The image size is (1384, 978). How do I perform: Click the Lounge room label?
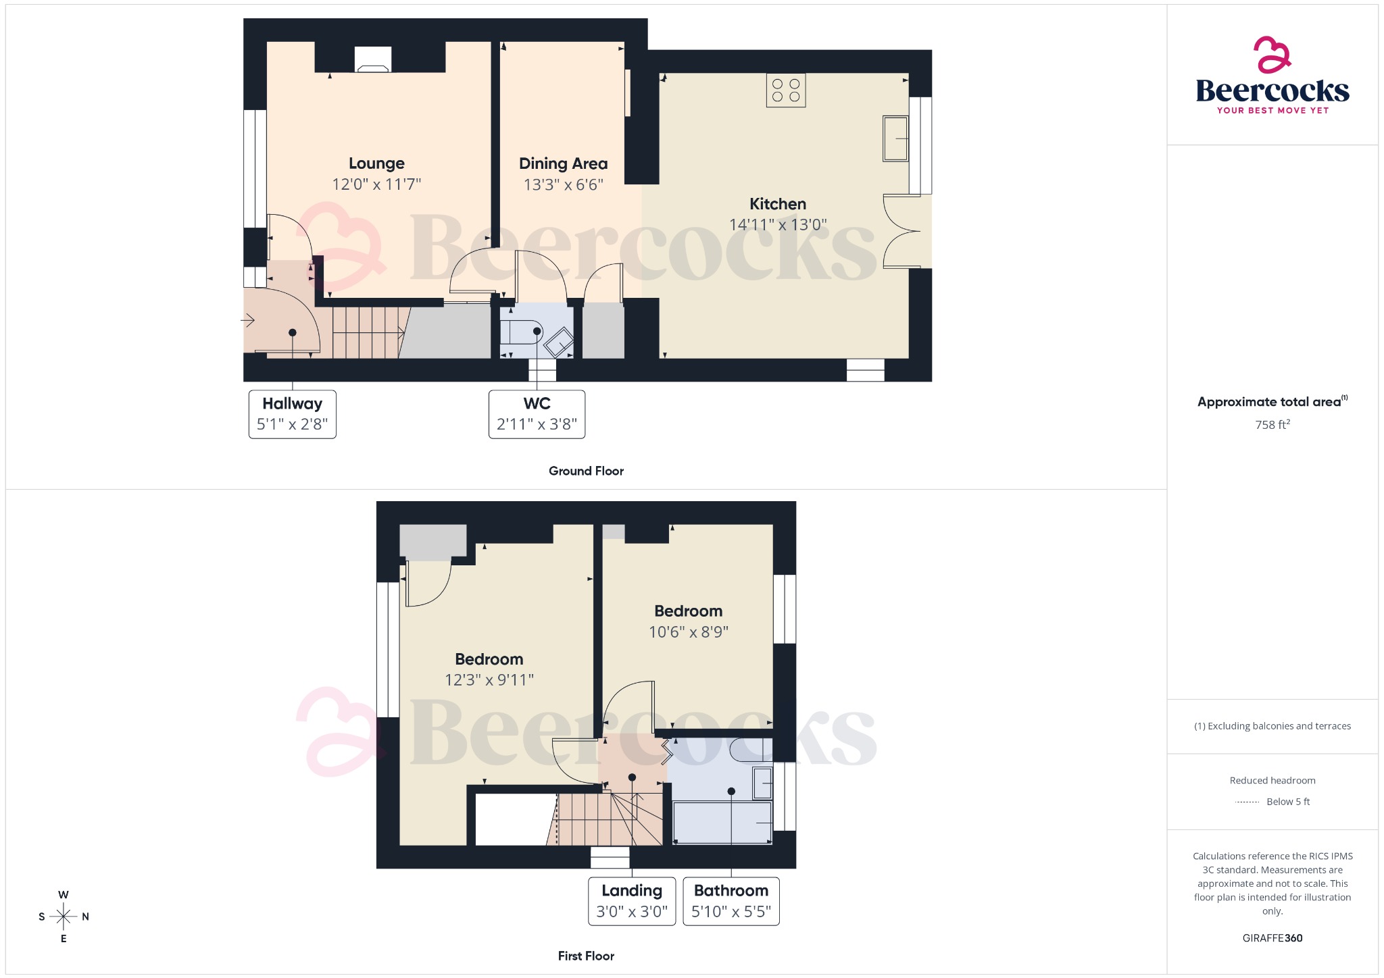coord(376,163)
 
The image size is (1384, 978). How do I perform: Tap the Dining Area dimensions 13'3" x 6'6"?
coord(563,184)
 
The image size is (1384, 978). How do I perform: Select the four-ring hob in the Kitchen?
coord(786,91)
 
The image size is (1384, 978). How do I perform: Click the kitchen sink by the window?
coord(895,138)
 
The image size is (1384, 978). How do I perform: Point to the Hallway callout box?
coord(292,414)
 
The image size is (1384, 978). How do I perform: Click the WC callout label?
coord(537,404)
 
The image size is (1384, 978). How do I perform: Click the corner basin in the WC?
coord(558,342)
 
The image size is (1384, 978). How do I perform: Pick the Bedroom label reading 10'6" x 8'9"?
coord(688,611)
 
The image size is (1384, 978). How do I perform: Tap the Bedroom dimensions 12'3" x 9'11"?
coord(489,680)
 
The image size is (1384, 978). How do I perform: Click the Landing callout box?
coord(631,901)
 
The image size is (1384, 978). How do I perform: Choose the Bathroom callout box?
coord(731,901)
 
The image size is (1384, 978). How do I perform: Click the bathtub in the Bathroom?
coord(722,823)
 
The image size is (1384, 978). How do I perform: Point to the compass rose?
coord(64,917)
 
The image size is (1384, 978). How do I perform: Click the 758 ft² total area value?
coord(1272,425)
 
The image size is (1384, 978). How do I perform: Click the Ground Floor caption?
coord(586,471)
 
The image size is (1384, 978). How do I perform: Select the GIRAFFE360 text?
coord(1272,938)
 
